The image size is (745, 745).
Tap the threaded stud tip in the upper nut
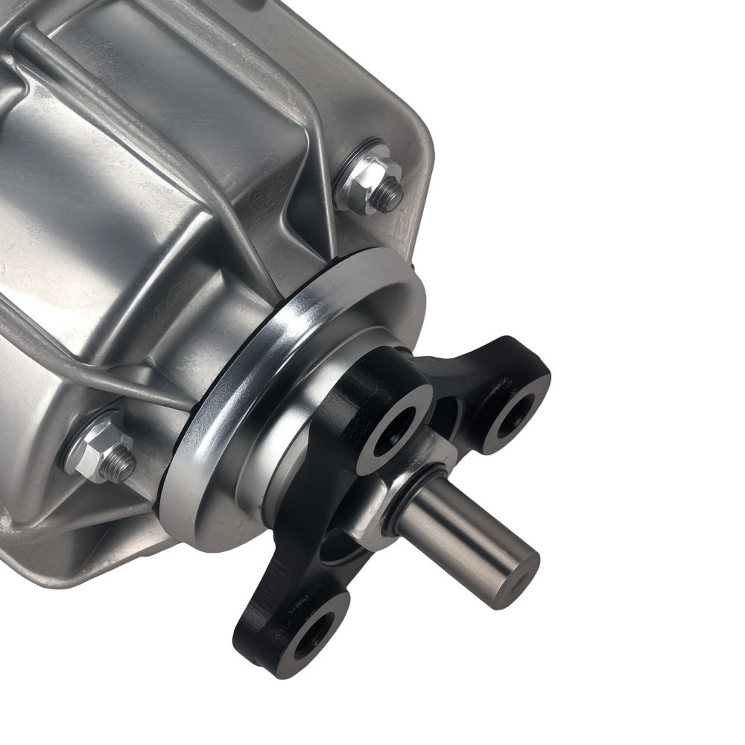[x=389, y=195]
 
